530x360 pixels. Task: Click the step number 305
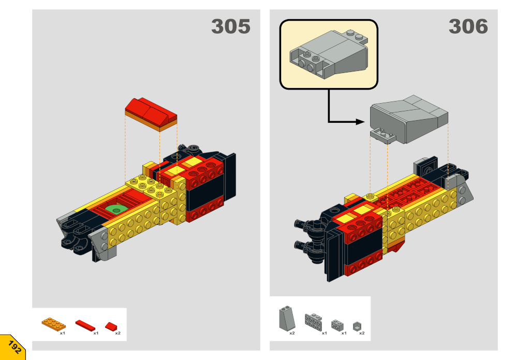[231, 26]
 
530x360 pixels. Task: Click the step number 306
[468, 26]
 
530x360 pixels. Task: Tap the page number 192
[14, 347]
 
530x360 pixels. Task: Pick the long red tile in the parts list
[85, 325]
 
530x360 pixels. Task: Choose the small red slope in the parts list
[111, 326]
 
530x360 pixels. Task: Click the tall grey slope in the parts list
[287, 318]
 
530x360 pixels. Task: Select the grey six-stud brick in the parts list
[313, 321]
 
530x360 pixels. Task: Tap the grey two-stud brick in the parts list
[337, 325]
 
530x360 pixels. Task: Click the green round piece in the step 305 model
[116, 209]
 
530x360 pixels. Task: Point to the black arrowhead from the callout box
[360, 122]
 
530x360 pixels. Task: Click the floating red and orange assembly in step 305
[151, 114]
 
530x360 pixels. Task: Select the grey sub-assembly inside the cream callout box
[329, 54]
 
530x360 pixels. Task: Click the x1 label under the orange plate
[63, 333]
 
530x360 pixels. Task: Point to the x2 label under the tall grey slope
[292, 333]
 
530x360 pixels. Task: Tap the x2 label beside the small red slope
[117, 333]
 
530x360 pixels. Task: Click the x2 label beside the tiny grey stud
[362, 333]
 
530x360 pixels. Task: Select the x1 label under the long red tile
[96, 333]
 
